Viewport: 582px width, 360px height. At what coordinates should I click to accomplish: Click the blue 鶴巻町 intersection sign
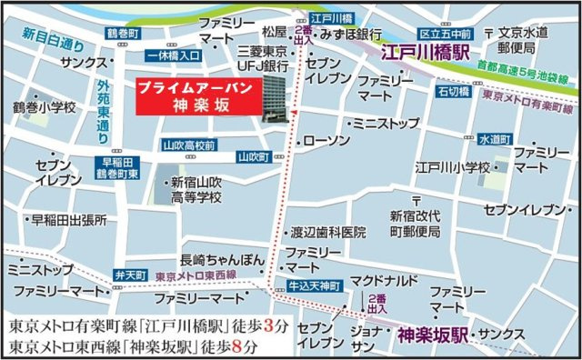[x=125, y=33]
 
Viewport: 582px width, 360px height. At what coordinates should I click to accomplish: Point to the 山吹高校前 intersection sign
[x=188, y=145]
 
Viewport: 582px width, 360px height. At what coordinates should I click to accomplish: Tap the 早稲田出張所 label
[x=69, y=220]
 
